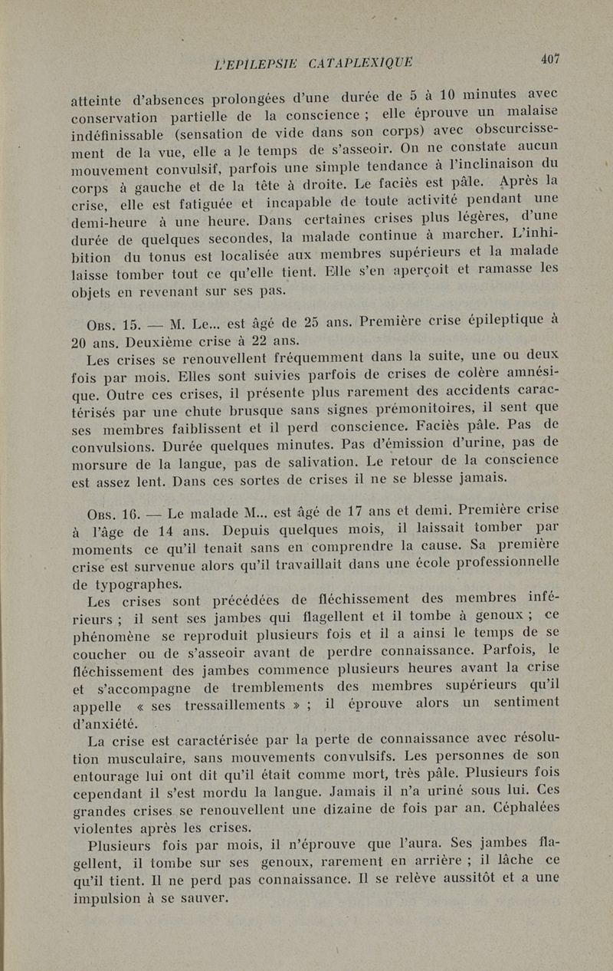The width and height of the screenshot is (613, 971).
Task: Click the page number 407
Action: tap(550, 58)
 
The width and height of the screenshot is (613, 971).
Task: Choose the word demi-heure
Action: tap(112, 216)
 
